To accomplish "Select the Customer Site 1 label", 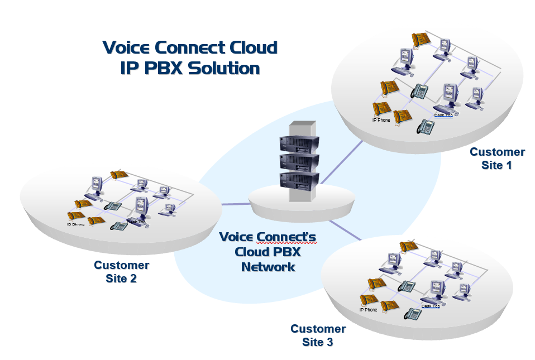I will click(x=497, y=159).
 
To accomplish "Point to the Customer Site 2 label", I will click(x=121, y=272).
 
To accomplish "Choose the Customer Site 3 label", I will click(x=318, y=335).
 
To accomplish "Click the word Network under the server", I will click(x=268, y=267).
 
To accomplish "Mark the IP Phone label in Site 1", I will click(x=381, y=120).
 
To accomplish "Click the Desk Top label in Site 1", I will click(x=443, y=116).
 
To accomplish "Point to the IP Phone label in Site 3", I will click(x=369, y=310).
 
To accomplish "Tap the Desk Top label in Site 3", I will click(x=431, y=306).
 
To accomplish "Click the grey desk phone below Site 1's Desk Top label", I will click(x=426, y=127).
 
